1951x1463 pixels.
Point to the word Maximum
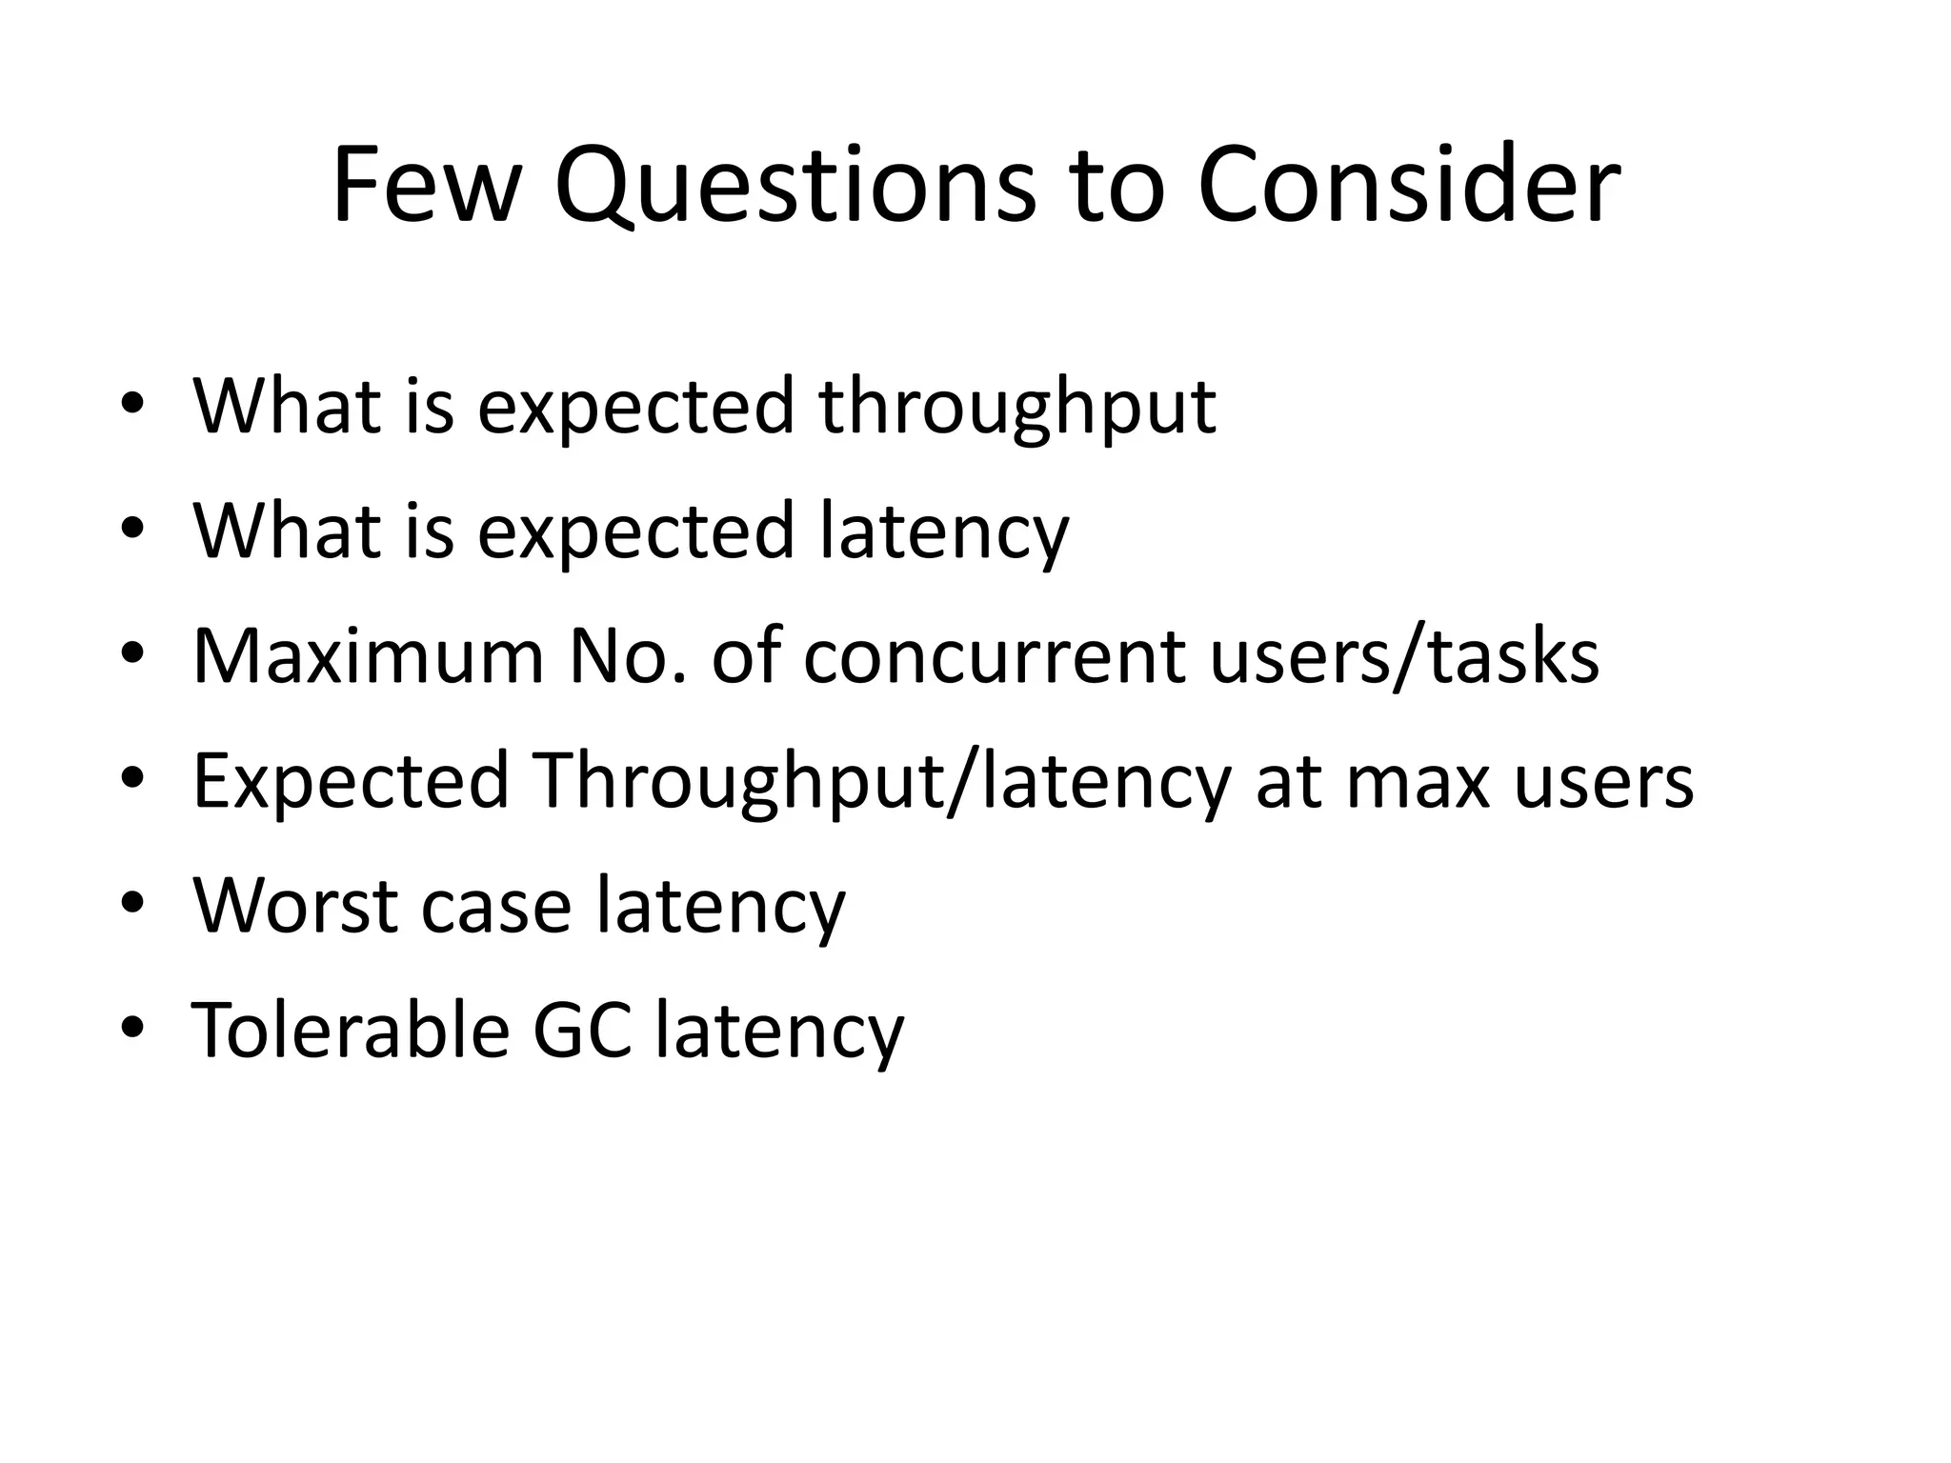pyautogui.click(x=369, y=656)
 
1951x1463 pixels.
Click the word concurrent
pyautogui.click(x=995, y=656)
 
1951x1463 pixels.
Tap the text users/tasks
pyautogui.click(x=1404, y=656)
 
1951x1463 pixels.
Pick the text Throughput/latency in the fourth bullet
pyautogui.click(x=882, y=782)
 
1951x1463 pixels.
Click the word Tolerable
pyautogui.click(x=351, y=1031)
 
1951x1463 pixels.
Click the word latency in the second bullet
pyautogui.click(x=943, y=533)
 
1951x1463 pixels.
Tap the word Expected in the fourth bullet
pyautogui.click(x=351, y=782)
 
